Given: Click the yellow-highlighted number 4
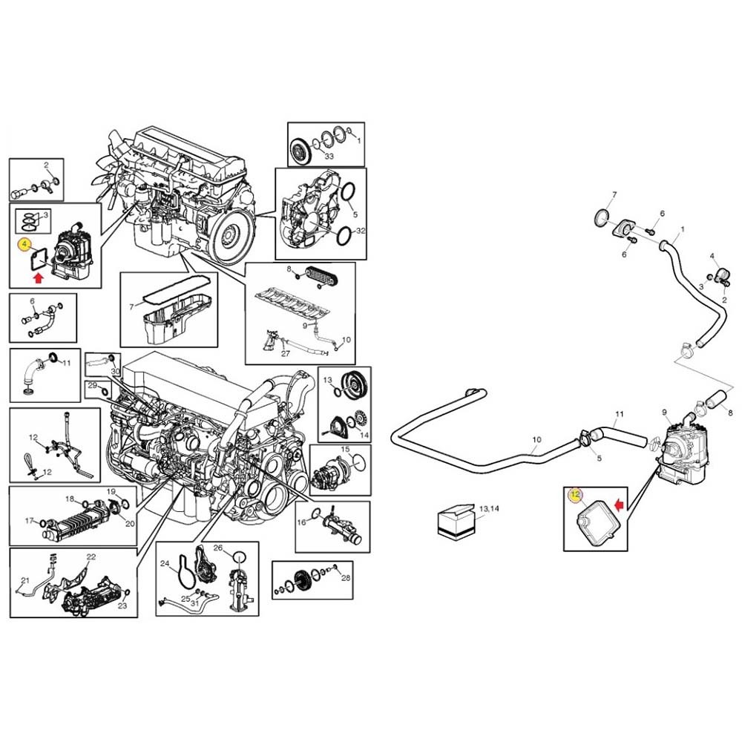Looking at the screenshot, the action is (24, 245).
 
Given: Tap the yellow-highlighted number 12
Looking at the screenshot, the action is (575, 495).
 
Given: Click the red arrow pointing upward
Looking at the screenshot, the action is (39, 278).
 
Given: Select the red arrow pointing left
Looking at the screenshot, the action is (619, 505).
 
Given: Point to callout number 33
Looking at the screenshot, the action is (329, 156).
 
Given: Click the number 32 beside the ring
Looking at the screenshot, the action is (361, 231).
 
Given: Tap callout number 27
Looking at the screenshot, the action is (286, 353).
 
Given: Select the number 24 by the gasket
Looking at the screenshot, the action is (165, 563).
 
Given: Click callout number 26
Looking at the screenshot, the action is (217, 548).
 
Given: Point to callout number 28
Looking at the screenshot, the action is (346, 578).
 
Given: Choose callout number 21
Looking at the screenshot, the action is (25, 580).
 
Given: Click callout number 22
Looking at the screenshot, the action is (91, 556).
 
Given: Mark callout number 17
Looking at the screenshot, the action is (30, 521).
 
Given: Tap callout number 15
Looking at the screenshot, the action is (345, 449).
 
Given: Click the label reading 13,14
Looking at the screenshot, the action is (489, 509).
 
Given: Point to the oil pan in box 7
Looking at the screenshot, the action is (176, 319).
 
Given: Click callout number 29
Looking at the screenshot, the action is (92, 385).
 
